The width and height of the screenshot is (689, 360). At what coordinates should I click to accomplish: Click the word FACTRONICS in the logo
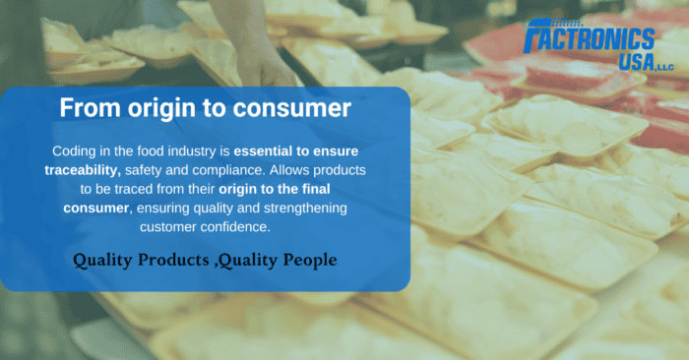coord(602,38)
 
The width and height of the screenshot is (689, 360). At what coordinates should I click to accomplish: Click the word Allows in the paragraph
coord(322,170)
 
